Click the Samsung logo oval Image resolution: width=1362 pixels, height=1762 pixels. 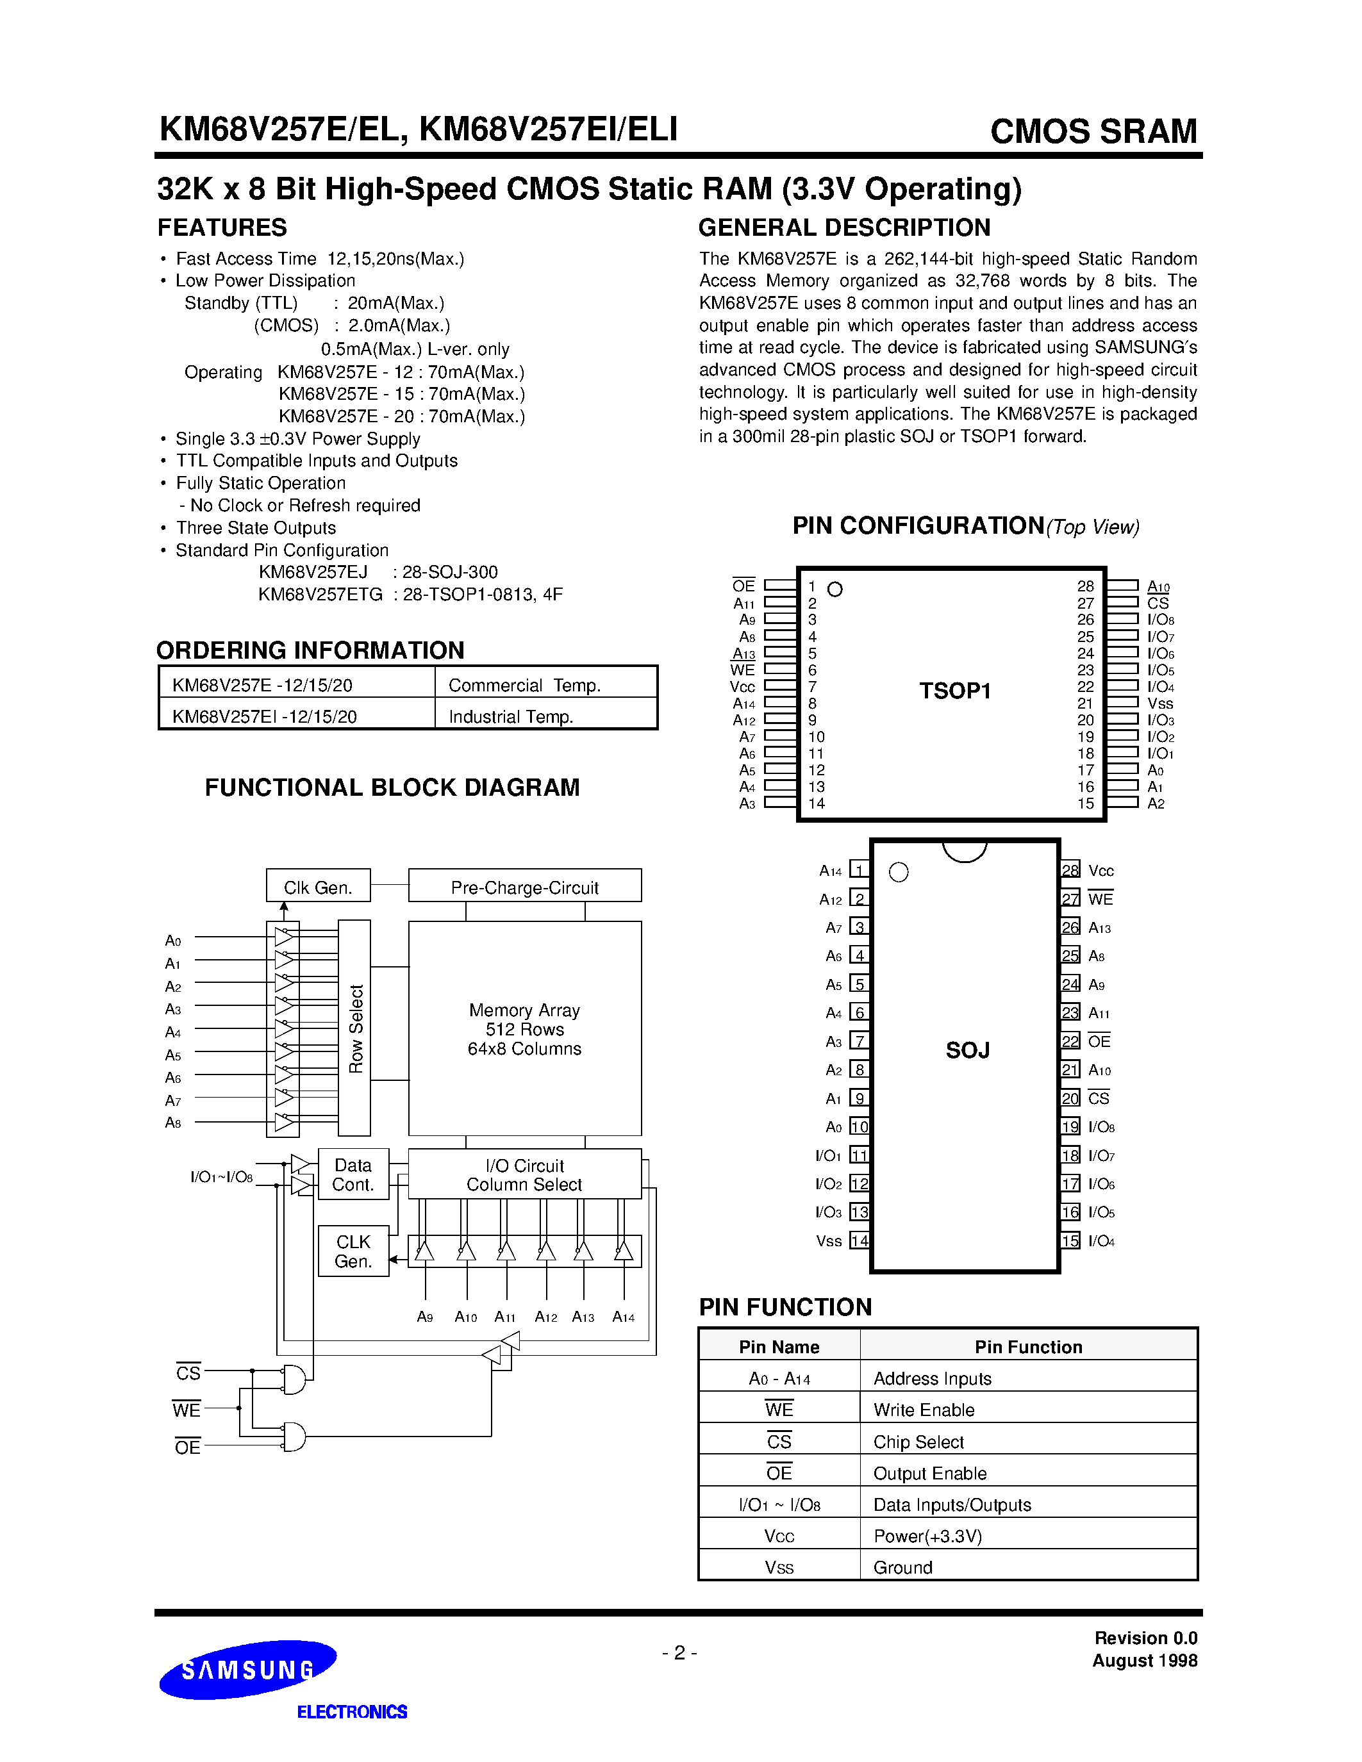pos(247,1669)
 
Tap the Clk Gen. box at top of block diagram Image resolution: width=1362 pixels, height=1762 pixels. pos(318,886)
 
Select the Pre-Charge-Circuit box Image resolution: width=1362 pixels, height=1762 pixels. pos(524,886)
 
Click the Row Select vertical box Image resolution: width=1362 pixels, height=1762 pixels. pos(354,1028)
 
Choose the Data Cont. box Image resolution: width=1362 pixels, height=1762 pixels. pos(353,1174)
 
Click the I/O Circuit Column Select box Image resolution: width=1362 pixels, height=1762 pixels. pos(524,1174)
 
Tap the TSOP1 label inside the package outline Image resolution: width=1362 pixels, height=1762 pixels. pos(954,691)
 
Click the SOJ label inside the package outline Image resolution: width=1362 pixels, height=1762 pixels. pos(967,1050)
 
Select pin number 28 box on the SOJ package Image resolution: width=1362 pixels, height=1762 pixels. pos(1070,871)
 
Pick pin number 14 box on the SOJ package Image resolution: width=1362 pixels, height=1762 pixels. pos(860,1241)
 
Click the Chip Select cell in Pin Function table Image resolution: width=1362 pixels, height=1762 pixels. pos(918,1442)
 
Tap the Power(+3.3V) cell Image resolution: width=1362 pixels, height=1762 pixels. pos(927,1536)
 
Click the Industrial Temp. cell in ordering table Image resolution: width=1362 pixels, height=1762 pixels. pos(511,716)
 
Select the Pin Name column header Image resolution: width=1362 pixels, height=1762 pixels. pos(779,1347)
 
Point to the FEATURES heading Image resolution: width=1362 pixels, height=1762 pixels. pos(222,227)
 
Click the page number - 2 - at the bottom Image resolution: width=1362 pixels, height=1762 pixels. pos(679,1653)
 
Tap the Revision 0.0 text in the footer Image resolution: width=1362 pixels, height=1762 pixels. pos(1145,1638)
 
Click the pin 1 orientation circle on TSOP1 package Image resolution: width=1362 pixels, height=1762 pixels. pos(835,589)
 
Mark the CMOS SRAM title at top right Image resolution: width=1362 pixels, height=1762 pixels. pos(1093,131)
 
